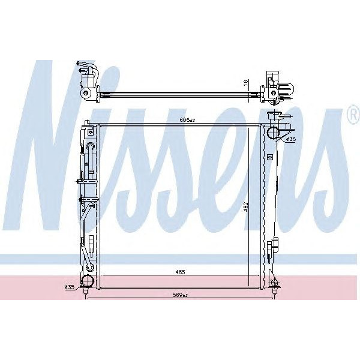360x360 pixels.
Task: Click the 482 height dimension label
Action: click(245, 206)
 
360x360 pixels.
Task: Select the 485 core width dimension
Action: click(180, 272)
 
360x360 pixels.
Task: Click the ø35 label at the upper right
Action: click(291, 139)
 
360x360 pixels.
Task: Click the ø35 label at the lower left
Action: click(70, 287)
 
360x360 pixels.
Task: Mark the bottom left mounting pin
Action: click(88, 292)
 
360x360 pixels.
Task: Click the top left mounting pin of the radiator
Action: click(88, 123)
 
